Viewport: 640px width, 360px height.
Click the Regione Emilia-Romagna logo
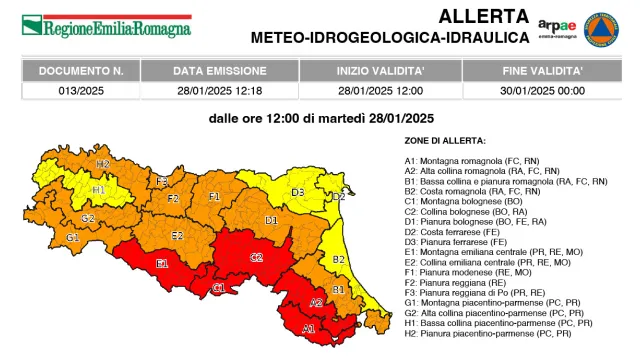[105, 26]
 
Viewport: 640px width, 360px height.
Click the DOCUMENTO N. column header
[81, 72]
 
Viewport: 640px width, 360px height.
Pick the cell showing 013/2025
[81, 90]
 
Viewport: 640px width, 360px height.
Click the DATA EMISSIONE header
[219, 72]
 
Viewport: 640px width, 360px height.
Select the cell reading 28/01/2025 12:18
[219, 90]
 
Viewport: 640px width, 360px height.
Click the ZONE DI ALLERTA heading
[445, 141]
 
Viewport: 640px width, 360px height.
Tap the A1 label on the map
[308, 328]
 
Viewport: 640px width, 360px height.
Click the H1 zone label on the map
[98, 188]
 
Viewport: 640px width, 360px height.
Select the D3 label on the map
[297, 192]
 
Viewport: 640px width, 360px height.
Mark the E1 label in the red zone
[162, 264]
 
